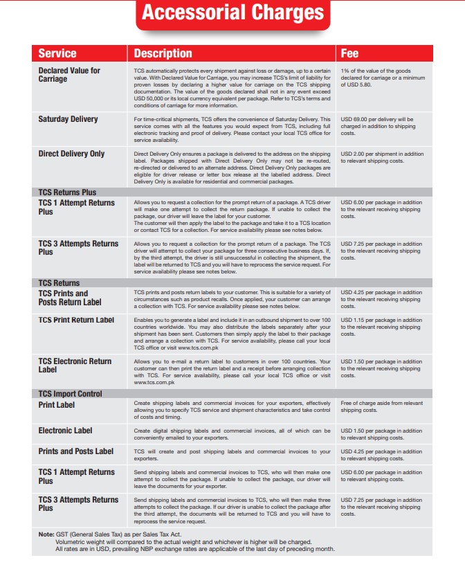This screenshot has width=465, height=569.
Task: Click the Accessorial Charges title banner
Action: [x=232, y=13]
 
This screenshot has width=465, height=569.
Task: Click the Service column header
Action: [x=57, y=53]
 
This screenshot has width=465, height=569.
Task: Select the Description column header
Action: [x=163, y=53]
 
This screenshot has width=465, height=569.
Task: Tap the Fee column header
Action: [x=349, y=53]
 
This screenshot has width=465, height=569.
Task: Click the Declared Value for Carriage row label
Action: [x=69, y=75]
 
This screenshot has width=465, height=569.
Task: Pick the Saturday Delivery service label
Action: [x=68, y=119]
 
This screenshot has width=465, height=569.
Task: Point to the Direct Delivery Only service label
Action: [x=71, y=153]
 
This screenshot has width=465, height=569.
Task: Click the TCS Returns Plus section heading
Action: [x=67, y=192]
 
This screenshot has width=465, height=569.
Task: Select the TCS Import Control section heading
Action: [x=70, y=393]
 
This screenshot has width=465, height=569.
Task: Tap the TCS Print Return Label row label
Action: [x=76, y=320]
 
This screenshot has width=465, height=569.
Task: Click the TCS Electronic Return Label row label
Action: [x=75, y=365]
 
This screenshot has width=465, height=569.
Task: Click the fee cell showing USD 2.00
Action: [x=382, y=157]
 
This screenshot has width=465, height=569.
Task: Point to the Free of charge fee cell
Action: [x=381, y=406]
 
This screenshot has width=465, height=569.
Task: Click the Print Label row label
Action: [x=57, y=404]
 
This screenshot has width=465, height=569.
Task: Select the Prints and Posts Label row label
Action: [x=75, y=451]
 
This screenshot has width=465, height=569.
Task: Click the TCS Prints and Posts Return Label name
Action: [x=69, y=298]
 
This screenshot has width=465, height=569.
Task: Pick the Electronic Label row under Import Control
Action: [x=65, y=431]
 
